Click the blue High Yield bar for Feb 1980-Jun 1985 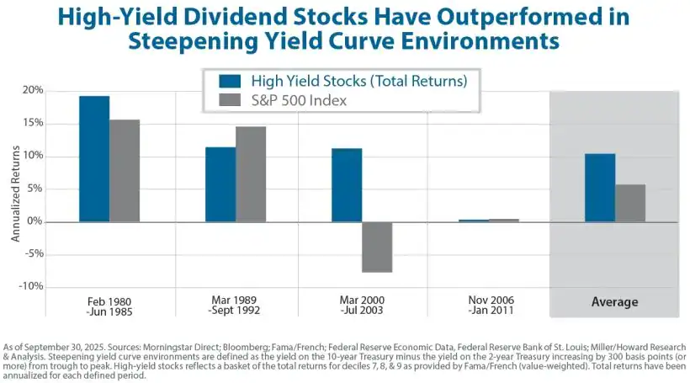pos(94,159)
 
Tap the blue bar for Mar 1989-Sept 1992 pos(220,184)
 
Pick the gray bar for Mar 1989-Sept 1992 pos(251,174)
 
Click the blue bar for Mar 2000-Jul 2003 pos(347,185)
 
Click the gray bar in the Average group pos(630,203)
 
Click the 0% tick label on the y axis pos(34,221)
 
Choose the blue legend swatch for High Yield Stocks pos(230,81)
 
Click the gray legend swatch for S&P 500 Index pos(230,101)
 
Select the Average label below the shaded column pos(614,302)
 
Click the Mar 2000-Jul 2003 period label pos(362,305)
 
